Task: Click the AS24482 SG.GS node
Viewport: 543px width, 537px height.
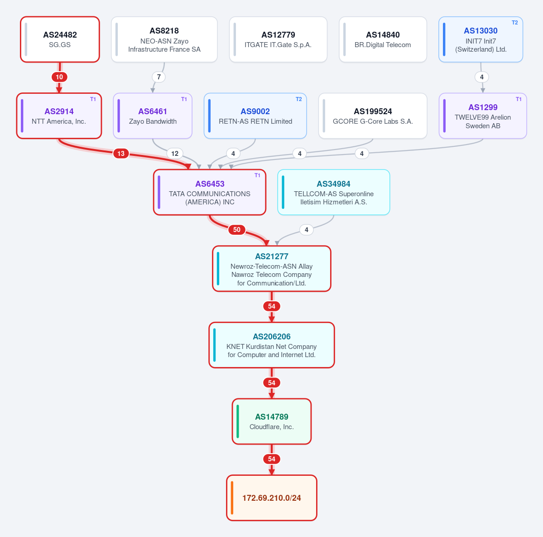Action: pyautogui.click(x=60, y=39)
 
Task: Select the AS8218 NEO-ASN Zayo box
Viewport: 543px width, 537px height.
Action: pyautogui.click(x=164, y=39)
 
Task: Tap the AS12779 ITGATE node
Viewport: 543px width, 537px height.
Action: pyautogui.click(x=278, y=39)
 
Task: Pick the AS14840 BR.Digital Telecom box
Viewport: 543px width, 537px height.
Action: pyautogui.click(x=383, y=39)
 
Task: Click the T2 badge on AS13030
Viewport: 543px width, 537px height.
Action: pyautogui.click(x=514, y=23)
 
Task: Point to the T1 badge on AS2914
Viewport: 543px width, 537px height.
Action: pyautogui.click(x=93, y=99)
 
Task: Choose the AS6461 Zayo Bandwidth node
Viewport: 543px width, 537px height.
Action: pyautogui.click(x=153, y=116)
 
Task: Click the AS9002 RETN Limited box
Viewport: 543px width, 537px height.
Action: pyautogui.click(x=255, y=116)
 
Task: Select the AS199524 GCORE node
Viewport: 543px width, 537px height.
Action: pyautogui.click(x=373, y=116)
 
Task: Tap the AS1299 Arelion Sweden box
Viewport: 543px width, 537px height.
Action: pyautogui.click(x=483, y=116)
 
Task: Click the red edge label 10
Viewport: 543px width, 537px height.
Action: pyautogui.click(x=60, y=77)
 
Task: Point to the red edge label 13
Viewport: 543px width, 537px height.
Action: pyautogui.click(x=121, y=154)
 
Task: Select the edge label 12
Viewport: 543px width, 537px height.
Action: pyautogui.click(x=175, y=154)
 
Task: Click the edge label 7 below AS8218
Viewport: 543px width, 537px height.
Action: pyautogui.click(x=159, y=77)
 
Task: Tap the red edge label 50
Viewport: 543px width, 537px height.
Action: pyautogui.click(x=237, y=230)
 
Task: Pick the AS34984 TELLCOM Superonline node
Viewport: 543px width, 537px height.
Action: pyautogui.click(x=333, y=192)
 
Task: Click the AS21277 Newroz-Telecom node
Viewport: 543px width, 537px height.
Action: pyautogui.click(x=272, y=269)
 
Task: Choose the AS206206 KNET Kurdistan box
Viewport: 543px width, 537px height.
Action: pyautogui.click(x=272, y=345)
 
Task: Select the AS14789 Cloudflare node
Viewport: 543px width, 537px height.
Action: pyautogui.click(x=272, y=421)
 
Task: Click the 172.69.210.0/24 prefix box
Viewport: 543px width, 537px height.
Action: pyautogui.click(x=272, y=498)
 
